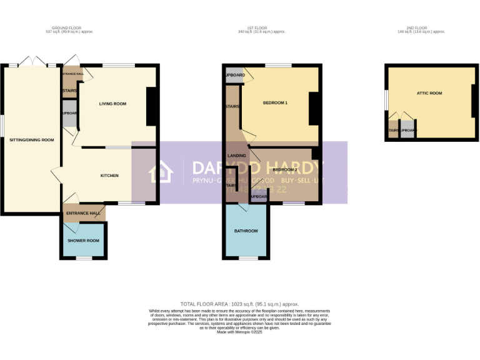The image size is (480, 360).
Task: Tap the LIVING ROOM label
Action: (x=112, y=104)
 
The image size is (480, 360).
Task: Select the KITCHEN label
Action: (x=109, y=176)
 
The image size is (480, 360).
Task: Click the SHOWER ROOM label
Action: (x=84, y=241)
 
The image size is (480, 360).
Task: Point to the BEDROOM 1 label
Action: (x=275, y=102)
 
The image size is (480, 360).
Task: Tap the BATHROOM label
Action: (x=246, y=231)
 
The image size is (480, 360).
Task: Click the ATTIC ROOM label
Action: (x=429, y=93)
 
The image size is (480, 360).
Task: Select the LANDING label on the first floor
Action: (x=236, y=155)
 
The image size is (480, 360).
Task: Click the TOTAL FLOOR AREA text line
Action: (x=239, y=303)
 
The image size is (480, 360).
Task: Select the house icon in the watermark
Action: (x=161, y=172)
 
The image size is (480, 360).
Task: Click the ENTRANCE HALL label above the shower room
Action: (x=83, y=213)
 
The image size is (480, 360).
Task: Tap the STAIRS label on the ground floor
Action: (x=69, y=91)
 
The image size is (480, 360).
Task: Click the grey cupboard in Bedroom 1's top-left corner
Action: (x=234, y=75)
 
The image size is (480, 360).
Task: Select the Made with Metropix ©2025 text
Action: (x=239, y=332)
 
